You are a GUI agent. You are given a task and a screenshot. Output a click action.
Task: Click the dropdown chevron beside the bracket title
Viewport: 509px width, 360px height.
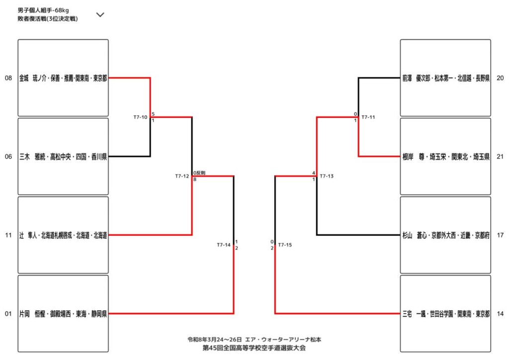point(100,14)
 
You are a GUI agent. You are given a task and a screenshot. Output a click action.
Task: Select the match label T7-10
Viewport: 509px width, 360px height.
point(140,117)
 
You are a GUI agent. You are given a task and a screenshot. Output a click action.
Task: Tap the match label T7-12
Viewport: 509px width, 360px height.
point(182,176)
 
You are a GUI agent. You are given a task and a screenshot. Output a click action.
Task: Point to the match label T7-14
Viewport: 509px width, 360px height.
point(224,245)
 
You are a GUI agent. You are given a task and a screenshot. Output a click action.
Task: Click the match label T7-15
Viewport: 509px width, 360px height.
point(285,245)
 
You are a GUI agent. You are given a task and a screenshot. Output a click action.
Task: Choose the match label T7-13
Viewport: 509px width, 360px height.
point(327,176)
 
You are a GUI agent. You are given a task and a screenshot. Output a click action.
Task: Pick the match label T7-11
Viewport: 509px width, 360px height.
point(368,117)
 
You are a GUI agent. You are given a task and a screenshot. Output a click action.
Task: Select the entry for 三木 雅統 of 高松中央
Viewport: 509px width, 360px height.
point(63,157)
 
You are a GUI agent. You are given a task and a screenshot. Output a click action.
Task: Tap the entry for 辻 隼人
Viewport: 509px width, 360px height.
point(63,235)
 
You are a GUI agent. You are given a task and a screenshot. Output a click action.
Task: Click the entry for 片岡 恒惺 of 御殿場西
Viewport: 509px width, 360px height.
point(63,314)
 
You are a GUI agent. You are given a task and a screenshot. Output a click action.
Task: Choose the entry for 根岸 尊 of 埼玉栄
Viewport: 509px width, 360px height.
point(445,157)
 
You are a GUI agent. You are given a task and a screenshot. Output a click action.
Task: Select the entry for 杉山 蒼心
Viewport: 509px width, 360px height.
point(445,235)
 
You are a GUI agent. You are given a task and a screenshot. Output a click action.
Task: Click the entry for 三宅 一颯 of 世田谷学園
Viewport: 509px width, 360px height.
point(445,314)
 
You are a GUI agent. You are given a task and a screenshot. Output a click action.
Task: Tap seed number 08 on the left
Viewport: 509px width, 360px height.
point(8,78)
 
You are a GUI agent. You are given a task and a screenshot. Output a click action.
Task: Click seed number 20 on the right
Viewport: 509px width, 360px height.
point(500,78)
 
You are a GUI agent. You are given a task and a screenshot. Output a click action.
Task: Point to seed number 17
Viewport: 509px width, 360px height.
point(500,235)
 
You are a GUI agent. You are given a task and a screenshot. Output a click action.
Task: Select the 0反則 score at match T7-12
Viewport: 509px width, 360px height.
point(199,173)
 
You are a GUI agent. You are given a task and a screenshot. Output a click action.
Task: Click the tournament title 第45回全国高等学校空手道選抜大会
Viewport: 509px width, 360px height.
point(254,348)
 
